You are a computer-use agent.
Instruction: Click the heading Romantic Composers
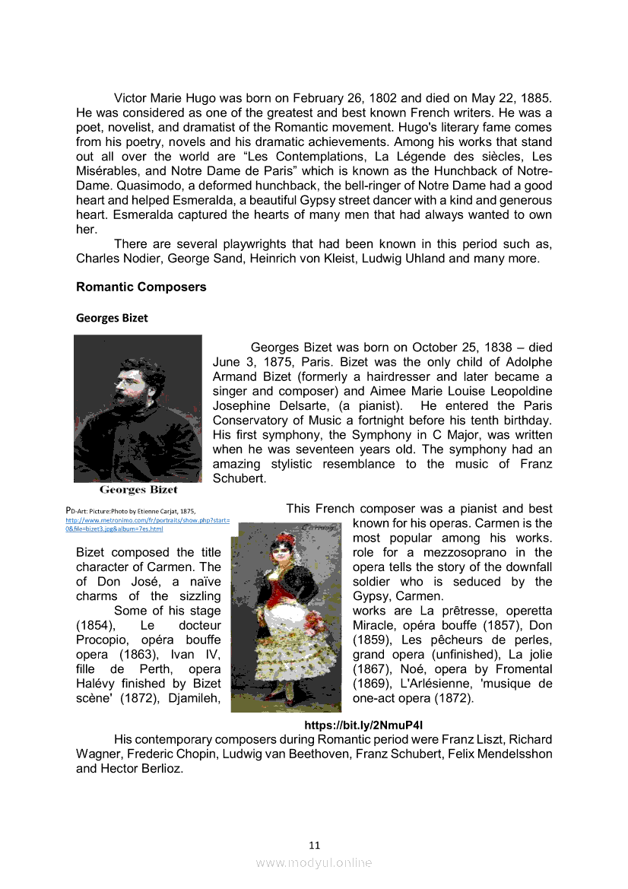pos(141,287)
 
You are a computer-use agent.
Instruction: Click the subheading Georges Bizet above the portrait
pos(112,318)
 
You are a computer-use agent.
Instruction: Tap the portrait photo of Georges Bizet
pos(138,408)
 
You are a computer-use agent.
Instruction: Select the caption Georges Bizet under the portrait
pos(138,489)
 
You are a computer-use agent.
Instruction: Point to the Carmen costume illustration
pos(290,616)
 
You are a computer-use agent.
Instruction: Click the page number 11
pos(315,845)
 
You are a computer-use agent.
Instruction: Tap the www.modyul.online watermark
pos(314,862)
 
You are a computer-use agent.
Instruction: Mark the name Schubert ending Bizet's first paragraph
pos(239,479)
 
